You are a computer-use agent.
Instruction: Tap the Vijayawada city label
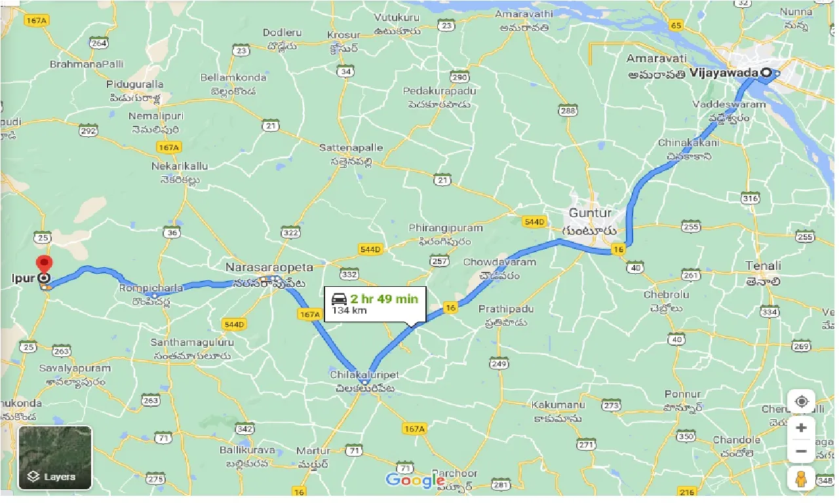tap(724, 73)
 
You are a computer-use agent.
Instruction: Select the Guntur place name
tap(590, 213)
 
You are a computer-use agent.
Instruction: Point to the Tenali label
tap(763, 266)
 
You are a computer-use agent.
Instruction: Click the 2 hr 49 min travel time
tap(383, 299)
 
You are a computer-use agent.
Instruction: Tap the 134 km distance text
tap(349, 310)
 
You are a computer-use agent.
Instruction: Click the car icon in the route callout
tap(339, 299)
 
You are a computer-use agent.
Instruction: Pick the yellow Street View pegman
tap(800, 479)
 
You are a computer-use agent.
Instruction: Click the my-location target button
tap(801, 401)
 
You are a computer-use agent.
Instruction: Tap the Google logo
tap(415, 481)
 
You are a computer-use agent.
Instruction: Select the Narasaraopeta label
tap(269, 267)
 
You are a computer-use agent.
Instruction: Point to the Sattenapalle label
tap(351, 148)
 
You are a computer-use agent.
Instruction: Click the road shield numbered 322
tap(290, 233)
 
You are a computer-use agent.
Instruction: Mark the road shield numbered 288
tap(568, 111)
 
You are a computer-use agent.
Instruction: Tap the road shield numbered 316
tap(750, 198)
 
